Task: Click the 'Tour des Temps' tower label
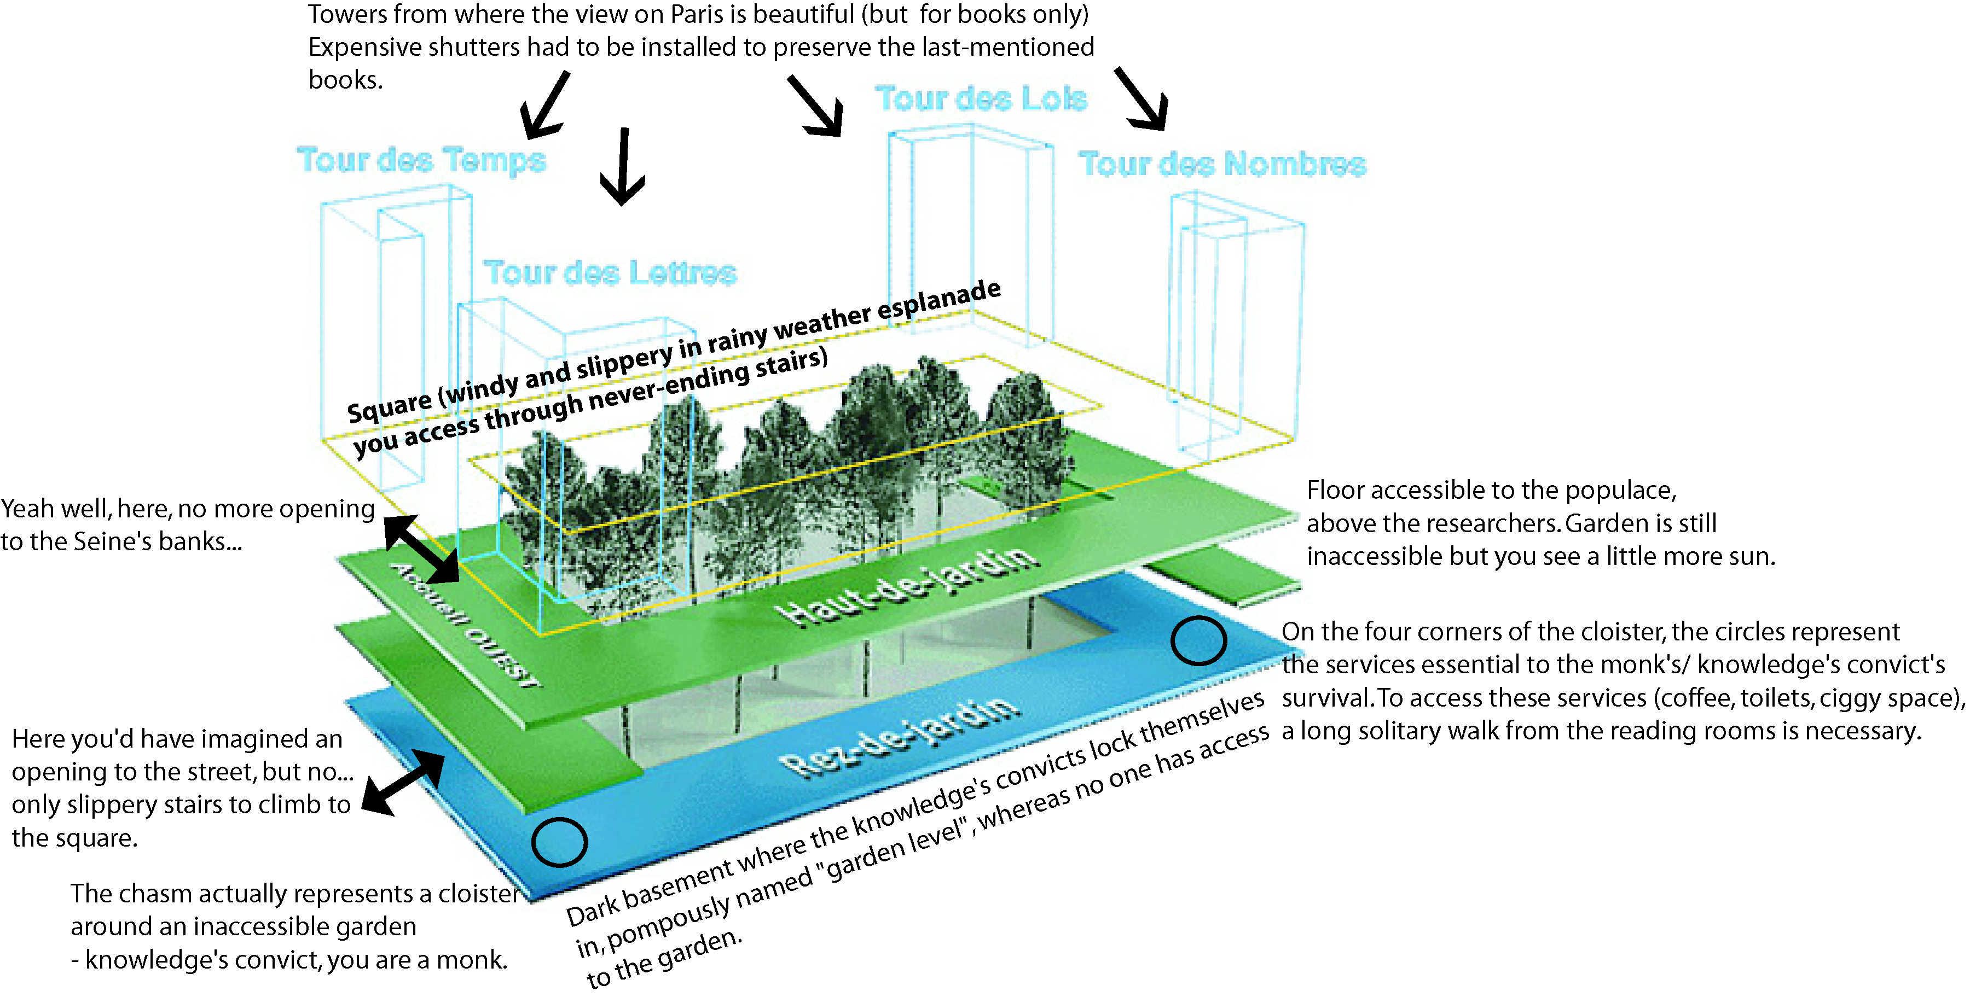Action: click(421, 161)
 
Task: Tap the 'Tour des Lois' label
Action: click(981, 98)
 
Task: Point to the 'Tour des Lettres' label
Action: click(610, 273)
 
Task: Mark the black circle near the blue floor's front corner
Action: click(559, 842)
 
